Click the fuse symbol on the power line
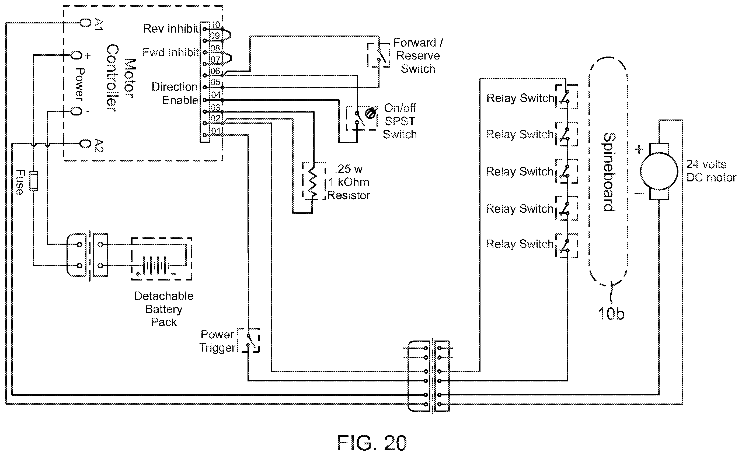(x=33, y=181)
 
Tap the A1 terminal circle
(x=85, y=23)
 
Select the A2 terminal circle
(x=85, y=144)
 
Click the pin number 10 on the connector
(x=215, y=25)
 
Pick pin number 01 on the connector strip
(x=215, y=131)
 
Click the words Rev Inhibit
(x=170, y=29)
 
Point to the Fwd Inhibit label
(x=170, y=52)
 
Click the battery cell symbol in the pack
(x=156, y=266)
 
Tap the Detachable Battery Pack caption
(x=164, y=309)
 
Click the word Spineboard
(x=609, y=172)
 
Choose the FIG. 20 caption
(x=372, y=443)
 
